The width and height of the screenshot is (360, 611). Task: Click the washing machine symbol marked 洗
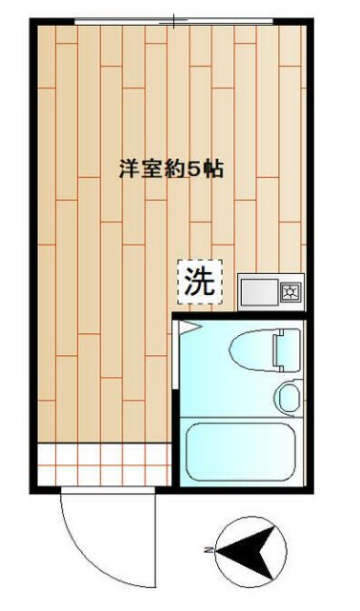pyautogui.click(x=200, y=282)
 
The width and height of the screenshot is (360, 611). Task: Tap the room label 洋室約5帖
pyautogui.click(x=170, y=170)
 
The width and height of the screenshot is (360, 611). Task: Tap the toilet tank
pyautogui.click(x=287, y=347)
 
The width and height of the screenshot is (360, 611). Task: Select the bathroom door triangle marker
pyautogui.click(x=188, y=325)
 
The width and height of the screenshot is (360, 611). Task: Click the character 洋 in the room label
pyautogui.click(x=126, y=170)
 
